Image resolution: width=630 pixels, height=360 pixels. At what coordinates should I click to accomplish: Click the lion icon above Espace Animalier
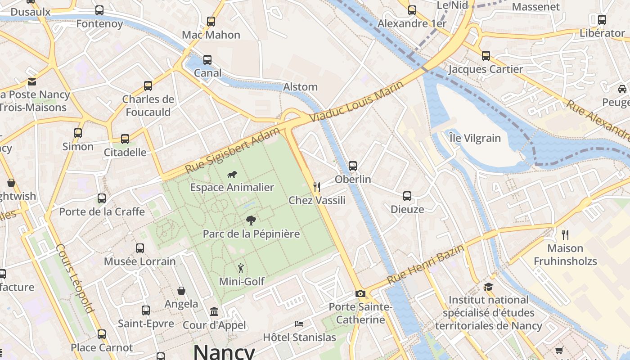(232, 175)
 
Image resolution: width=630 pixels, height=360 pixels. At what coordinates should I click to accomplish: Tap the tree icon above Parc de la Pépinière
(251, 220)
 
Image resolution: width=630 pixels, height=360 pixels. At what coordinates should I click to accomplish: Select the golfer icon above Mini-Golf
(241, 268)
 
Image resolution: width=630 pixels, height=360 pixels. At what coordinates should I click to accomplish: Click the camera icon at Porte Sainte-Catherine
(360, 294)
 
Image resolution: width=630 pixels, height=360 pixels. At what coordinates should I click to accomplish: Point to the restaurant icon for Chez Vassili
(317, 187)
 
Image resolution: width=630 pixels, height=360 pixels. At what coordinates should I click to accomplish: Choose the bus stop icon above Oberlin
(353, 166)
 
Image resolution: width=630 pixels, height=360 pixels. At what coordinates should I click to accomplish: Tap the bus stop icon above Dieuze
(407, 196)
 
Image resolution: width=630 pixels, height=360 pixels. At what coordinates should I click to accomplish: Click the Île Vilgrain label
(475, 138)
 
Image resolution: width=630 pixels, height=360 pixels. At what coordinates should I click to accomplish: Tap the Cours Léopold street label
(75, 279)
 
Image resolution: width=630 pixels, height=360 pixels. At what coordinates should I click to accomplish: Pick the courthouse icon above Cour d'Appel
(214, 312)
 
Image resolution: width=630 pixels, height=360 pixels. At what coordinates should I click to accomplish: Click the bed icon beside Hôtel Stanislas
(299, 324)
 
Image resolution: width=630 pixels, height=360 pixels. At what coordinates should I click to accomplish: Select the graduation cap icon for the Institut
(488, 287)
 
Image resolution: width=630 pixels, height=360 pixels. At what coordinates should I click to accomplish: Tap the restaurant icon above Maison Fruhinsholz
(565, 234)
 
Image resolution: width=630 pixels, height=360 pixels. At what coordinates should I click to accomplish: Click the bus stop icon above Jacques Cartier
(486, 56)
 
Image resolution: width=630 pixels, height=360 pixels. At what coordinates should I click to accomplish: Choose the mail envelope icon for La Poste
(32, 81)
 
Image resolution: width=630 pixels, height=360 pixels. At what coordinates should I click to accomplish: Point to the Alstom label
(300, 87)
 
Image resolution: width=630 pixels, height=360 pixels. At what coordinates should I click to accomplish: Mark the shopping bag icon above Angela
(181, 291)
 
